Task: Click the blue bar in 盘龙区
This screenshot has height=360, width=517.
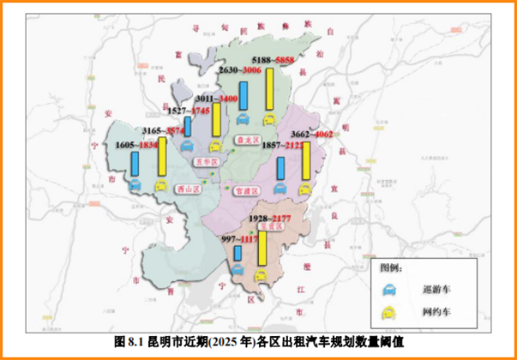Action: [x=243, y=97]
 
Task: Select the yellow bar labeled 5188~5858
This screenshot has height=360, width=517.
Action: [x=269, y=89]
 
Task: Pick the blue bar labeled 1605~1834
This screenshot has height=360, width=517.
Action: [x=135, y=163]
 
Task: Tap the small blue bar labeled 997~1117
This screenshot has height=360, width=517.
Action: [x=237, y=253]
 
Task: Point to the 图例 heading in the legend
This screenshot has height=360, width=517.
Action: [x=392, y=267]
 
